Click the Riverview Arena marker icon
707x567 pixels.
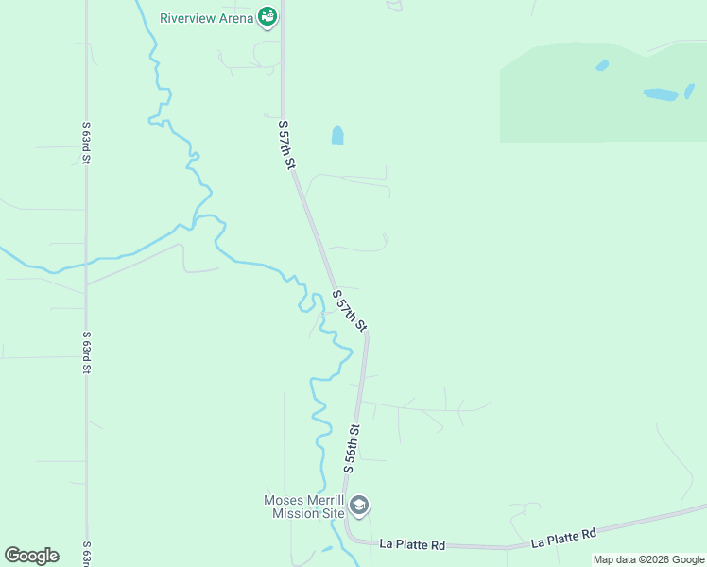point(268,17)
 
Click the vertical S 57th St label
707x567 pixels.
point(286,144)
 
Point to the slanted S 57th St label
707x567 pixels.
point(349,311)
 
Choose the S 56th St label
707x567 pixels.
point(353,449)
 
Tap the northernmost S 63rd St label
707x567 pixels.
point(85,143)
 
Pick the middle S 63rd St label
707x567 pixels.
point(85,352)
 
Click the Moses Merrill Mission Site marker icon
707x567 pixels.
point(359,506)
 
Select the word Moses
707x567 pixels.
point(283,501)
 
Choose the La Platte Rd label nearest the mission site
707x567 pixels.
point(412,545)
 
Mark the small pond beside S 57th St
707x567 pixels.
point(337,135)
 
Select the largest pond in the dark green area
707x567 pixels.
point(662,94)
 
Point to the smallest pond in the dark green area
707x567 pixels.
point(602,65)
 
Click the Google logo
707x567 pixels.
point(31,556)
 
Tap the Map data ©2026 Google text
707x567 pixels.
point(648,559)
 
